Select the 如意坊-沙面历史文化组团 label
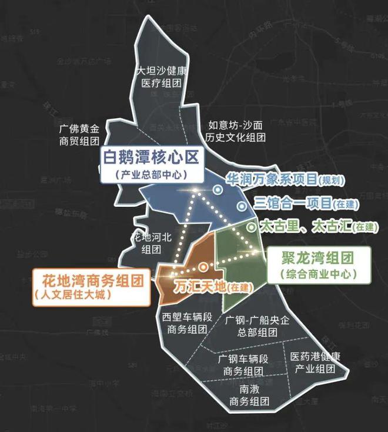click(237, 130)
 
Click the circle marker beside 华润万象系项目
click(218, 190)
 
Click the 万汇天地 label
click(202, 287)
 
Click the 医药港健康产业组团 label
click(316, 363)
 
